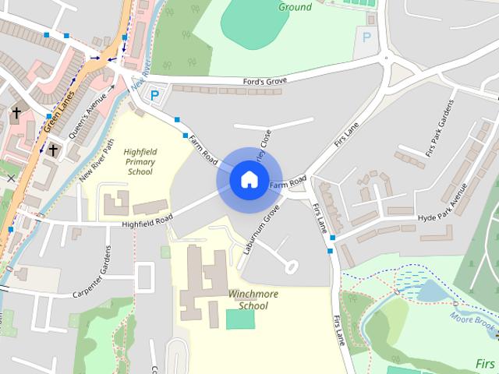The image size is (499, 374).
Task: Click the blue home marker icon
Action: tap(248, 179)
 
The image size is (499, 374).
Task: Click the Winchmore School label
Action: tap(249, 300)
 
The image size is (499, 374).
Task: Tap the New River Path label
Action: tap(97, 161)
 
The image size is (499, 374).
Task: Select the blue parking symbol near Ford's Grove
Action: tap(154, 96)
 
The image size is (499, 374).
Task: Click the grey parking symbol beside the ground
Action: tap(366, 36)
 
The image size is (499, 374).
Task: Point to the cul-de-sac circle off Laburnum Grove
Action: tap(292, 266)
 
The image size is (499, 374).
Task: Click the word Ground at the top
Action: tap(295, 7)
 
